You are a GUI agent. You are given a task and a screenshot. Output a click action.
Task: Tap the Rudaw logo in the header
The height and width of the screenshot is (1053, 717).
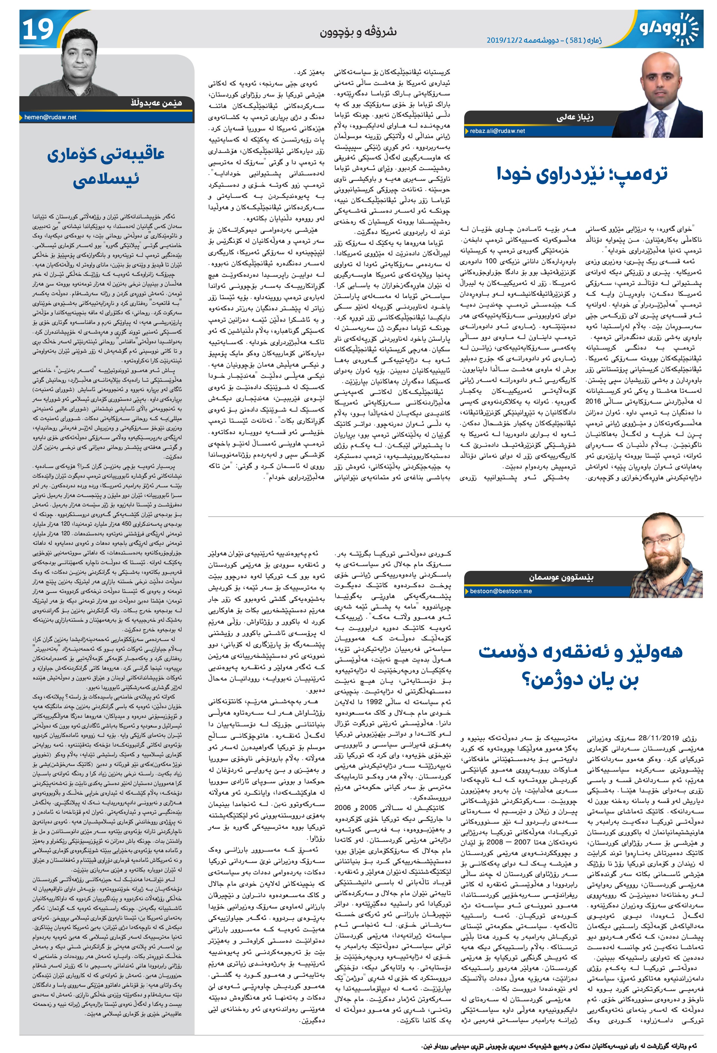(666, 30)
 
